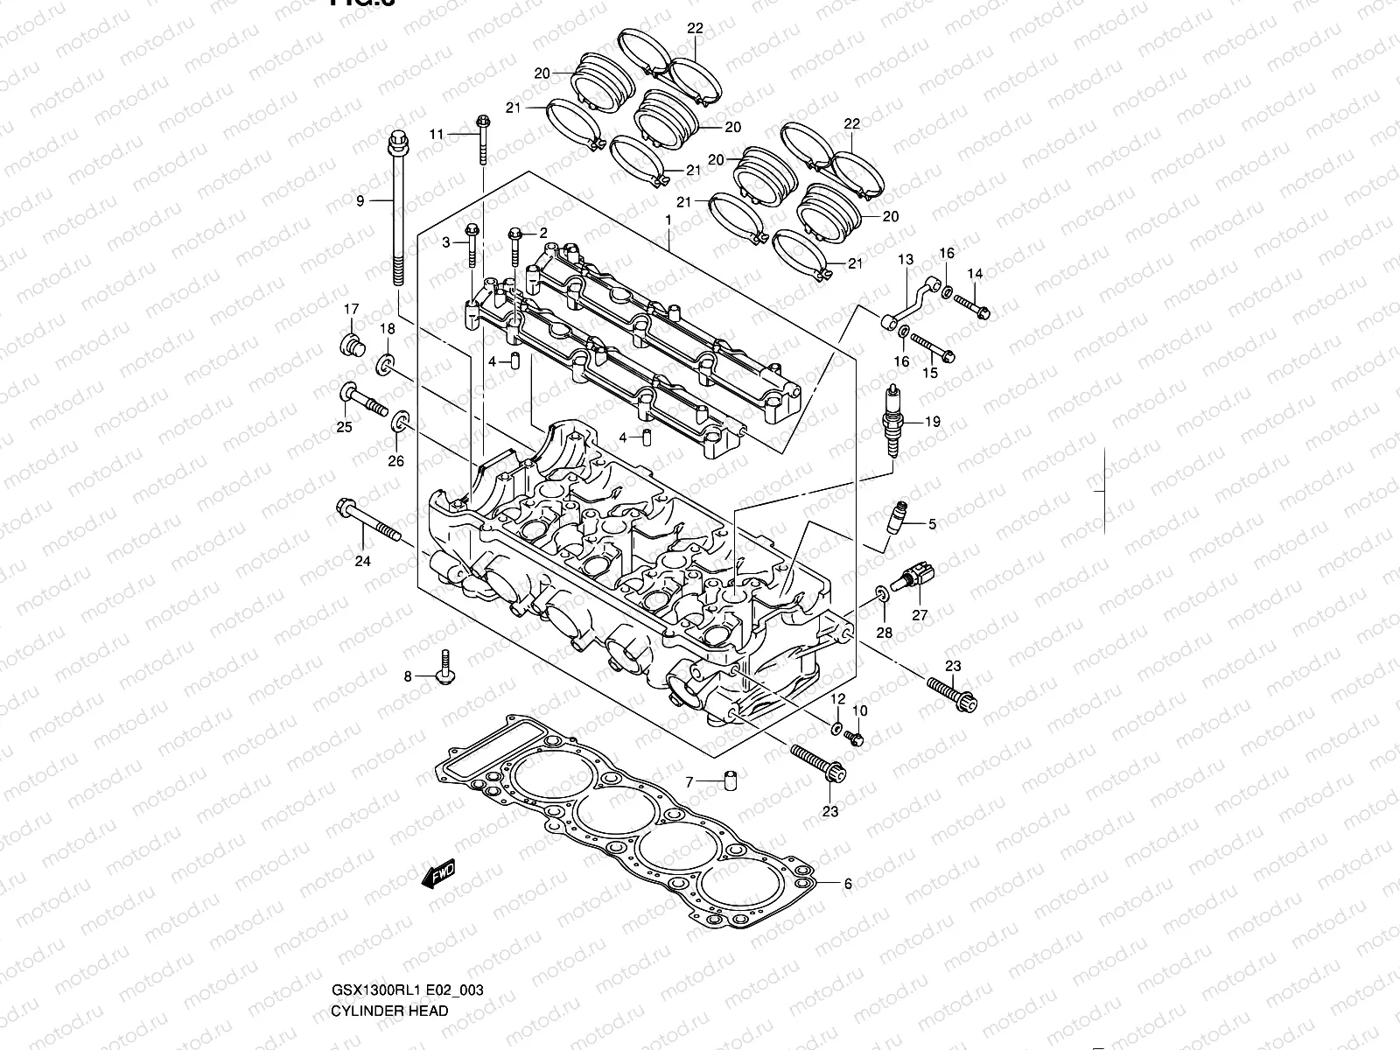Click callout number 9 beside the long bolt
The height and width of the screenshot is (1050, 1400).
point(360,201)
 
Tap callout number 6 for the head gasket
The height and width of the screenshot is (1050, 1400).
point(847,884)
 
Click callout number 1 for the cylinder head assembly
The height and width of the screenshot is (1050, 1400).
point(668,222)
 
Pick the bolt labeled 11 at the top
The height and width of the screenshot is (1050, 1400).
point(482,139)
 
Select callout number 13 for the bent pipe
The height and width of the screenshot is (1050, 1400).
point(905,260)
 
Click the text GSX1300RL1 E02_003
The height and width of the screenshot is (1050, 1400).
point(407,990)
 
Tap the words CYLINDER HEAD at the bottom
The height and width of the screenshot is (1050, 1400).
point(389,1011)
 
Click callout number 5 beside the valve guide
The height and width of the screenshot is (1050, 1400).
point(932,524)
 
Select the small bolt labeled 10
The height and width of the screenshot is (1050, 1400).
point(857,740)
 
